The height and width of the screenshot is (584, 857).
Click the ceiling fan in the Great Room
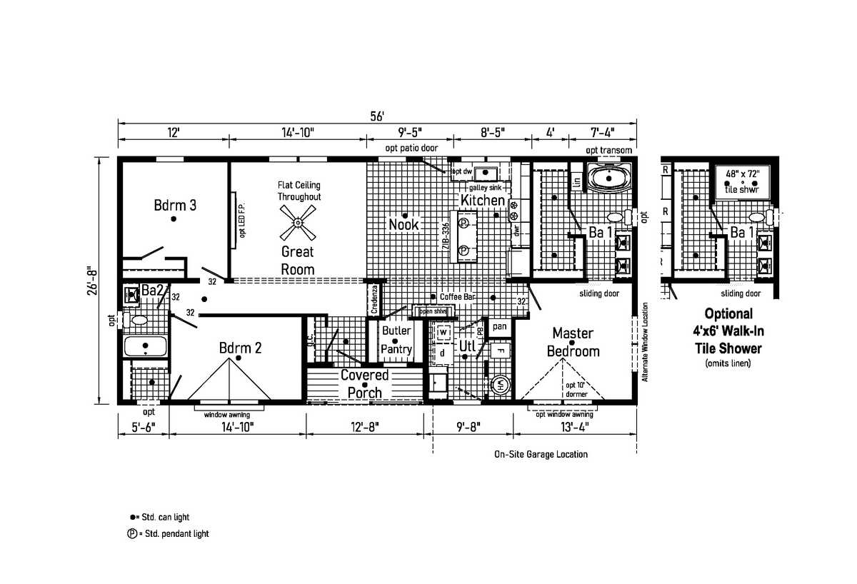tap(297, 221)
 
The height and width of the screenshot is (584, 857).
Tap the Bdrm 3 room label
tap(175, 206)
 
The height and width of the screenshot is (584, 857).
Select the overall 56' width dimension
tap(378, 116)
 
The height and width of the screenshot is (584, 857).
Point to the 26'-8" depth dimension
tap(91, 283)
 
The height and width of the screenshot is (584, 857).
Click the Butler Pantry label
tap(396, 340)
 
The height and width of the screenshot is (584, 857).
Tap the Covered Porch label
tap(364, 383)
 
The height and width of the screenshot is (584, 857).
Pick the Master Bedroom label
tap(573, 342)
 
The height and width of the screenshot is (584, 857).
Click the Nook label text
tap(404, 225)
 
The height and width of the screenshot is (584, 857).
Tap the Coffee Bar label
tap(458, 296)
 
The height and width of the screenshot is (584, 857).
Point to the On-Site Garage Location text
tap(541, 454)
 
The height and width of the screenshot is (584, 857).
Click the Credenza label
tap(374, 300)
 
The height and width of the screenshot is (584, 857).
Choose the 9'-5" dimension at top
tap(409, 132)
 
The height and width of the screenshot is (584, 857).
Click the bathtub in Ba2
tap(145, 347)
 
